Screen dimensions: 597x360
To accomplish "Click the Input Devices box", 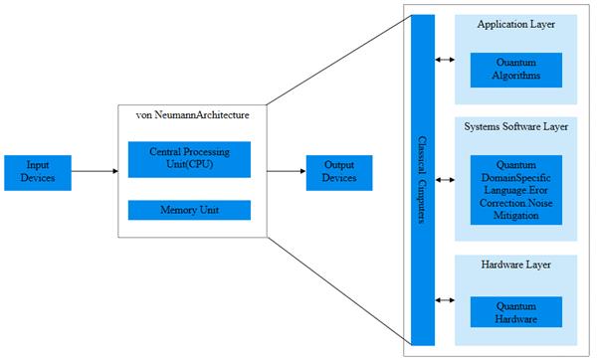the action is [x=38, y=173].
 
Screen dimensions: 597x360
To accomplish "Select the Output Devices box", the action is [x=339, y=173].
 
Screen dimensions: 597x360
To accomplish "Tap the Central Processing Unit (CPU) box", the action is [x=189, y=159].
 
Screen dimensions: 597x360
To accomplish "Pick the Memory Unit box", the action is [x=189, y=210].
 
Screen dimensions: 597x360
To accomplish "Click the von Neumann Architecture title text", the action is [x=193, y=115].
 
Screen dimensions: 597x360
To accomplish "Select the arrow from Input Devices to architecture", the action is [x=95, y=171].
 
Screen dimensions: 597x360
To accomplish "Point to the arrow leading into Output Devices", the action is [x=287, y=171].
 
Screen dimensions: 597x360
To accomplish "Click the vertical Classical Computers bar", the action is [x=423, y=180].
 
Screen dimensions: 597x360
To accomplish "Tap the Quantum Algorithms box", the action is [x=515, y=70].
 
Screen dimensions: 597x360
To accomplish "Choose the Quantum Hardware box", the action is [x=515, y=312].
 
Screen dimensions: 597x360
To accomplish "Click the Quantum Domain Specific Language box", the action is [x=515, y=190].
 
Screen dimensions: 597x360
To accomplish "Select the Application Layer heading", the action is [x=515, y=24].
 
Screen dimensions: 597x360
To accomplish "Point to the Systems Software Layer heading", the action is [x=515, y=126].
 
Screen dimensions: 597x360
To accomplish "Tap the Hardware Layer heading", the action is [x=515, y=265].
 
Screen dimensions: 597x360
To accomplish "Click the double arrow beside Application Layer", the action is [x=445, y=60].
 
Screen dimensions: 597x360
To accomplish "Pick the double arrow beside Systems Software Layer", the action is [x=445, y=180].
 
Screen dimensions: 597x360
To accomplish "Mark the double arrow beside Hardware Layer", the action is [x=445, y=300].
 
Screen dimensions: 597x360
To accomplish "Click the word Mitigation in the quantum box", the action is [x=515, y=216].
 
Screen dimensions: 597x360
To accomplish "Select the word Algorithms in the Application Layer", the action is [x=515, y=76].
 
